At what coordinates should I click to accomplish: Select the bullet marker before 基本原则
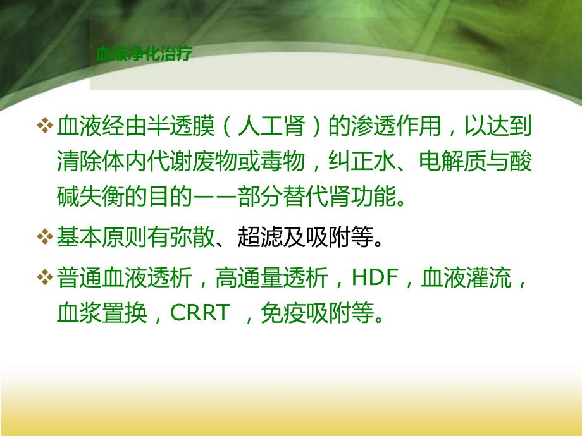click(x=45, y=238)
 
